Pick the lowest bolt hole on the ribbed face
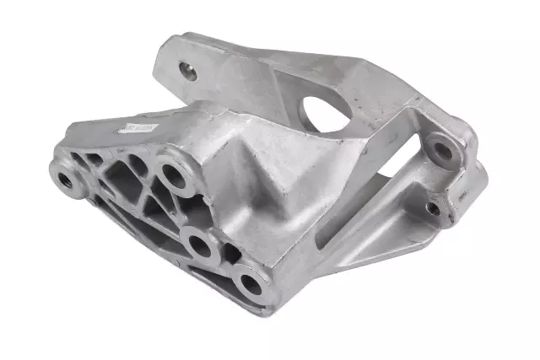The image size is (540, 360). pyautogui.click(x=251, y=283)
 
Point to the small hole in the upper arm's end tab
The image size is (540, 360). pyautogui.click(x=189, y=73)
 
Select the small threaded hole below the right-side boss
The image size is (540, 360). pyautogui.click(x=433, y=207)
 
